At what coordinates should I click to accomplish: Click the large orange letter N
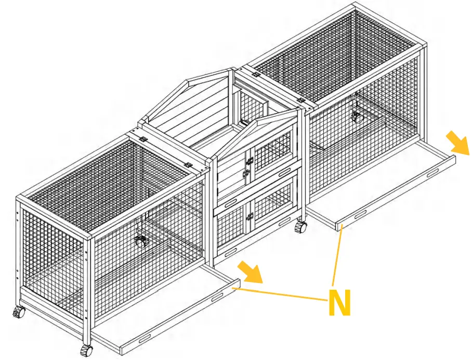tap(339, 302)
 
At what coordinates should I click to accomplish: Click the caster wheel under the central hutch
tap(300, 227)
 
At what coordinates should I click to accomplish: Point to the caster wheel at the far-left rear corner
tap(19, 313)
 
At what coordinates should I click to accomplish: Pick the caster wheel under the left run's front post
tap(86, 350)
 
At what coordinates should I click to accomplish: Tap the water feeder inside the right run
tap(357, 116)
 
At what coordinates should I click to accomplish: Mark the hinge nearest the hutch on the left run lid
tap(187, 164)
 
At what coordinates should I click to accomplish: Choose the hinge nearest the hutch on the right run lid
tap(300, 99)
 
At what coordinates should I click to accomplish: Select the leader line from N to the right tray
tap(335, 260)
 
